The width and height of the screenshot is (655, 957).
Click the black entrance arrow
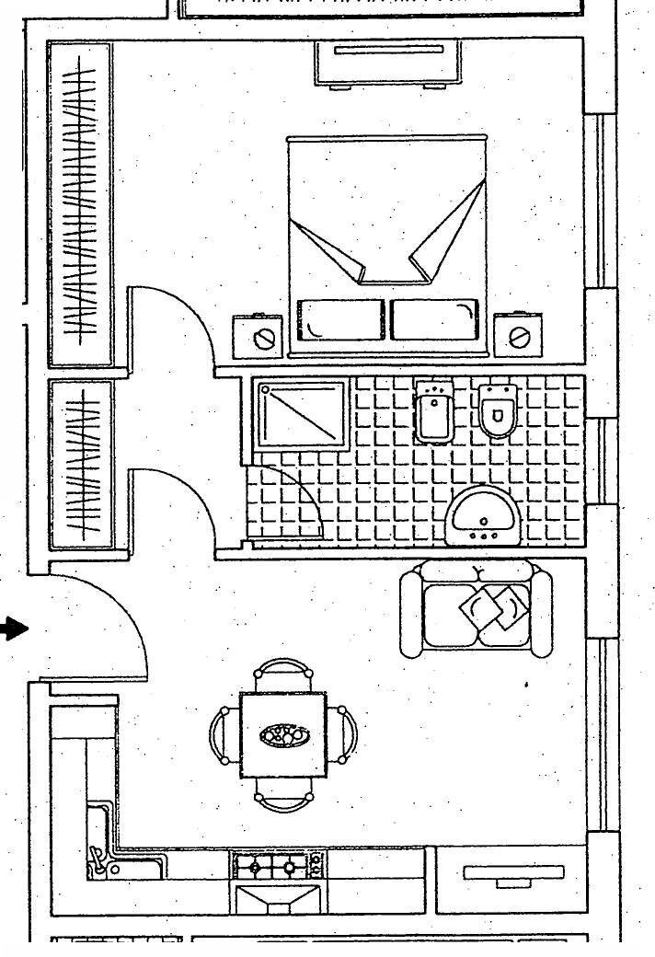click(x=13, y=629)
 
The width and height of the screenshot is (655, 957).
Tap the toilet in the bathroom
click(x=498, y=410)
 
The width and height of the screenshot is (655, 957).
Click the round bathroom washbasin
click(x=484, y=514)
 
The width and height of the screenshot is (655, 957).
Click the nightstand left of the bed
click(x=259, y=337)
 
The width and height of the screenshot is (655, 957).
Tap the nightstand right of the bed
click(x=517, y=337)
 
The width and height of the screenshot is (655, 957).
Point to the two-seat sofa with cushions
click(x=477, y=608)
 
